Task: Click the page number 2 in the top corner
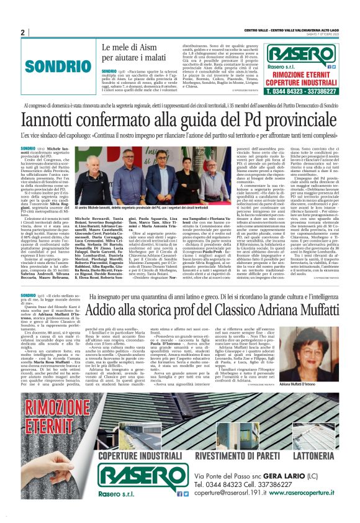tap(22, 32)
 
